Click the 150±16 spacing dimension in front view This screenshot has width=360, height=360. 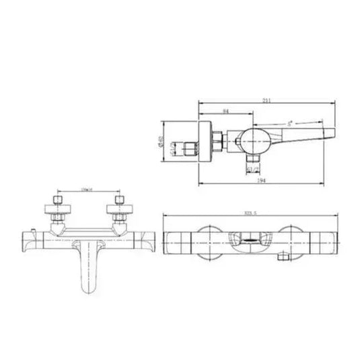coord(85,190)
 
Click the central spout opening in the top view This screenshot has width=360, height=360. coord(248,238)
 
